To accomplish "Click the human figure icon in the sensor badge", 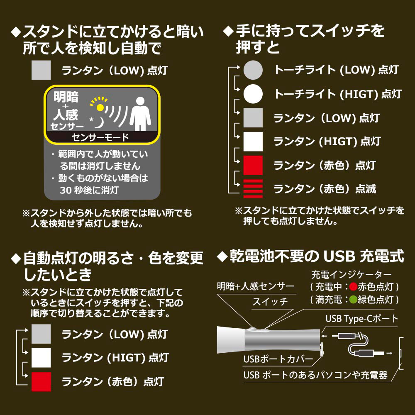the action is [140, 114].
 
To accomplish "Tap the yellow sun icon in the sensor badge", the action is [100, 107].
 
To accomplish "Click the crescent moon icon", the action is [98, 122].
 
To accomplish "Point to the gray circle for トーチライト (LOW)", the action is [253, 70].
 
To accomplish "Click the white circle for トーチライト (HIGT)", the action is [253, 94].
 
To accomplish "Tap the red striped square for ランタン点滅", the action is [253, 189].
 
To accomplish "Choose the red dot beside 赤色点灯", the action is [353, 287].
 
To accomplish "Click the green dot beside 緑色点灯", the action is [353, 300].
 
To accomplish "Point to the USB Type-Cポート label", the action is [361, 319].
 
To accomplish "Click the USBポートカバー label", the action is [278, 359].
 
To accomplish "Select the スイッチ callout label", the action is [270, 302].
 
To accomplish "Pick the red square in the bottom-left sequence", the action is [41, 381].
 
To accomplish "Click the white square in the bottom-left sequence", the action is [41, 358].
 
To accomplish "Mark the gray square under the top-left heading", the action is [41, 70].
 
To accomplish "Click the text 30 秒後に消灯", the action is [89, 190].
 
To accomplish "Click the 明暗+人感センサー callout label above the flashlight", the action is [255, 286].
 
